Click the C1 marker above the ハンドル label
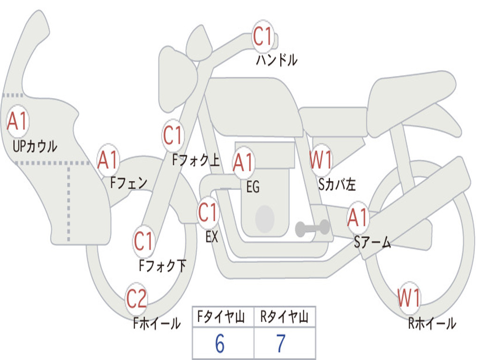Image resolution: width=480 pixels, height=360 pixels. click(262, 36)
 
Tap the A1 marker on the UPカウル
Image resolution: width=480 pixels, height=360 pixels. click(17, 121)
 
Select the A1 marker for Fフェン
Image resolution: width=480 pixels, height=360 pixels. click(108, 160)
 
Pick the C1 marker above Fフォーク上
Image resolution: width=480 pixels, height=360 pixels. click(172, 135)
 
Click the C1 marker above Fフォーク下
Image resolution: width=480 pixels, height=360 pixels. click(143, 241)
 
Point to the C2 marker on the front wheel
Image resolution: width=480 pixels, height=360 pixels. click(136, 298)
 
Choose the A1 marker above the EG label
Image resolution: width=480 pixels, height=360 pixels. click(243, 162)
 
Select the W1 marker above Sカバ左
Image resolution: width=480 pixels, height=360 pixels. click(321, 159)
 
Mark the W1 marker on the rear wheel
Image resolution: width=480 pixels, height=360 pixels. click(409, 298)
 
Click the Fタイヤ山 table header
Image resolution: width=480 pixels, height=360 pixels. click(221, 316)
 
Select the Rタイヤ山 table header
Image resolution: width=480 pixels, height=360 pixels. click(284, 316)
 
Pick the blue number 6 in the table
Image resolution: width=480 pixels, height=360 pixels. click(220, 344)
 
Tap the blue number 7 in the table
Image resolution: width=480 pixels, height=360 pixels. click(281, 344)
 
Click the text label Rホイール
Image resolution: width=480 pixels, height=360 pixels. click(432, 323)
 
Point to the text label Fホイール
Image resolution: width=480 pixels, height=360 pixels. click(157, 323)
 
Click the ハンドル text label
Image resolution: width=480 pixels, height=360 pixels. click(277, 60)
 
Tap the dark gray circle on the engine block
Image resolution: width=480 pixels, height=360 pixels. click(265, 218)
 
